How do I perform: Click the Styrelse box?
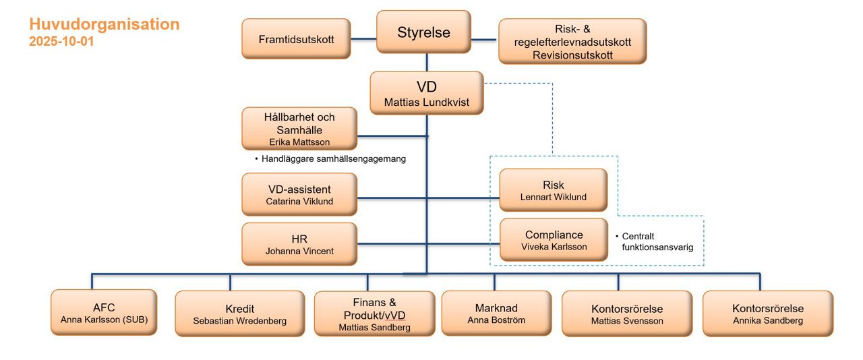coord(423,32)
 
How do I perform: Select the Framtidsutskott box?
coord(296,39)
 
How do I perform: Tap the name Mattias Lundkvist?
coord(426,103)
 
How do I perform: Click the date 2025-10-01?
coord(61,41)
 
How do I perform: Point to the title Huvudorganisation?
coord(104,24)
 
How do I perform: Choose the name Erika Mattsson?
coord(299,142)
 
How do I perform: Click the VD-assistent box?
coord(299,194)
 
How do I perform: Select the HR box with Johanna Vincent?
coord(299,244)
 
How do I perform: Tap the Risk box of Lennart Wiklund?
coord(553,190)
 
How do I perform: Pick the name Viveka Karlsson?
coord(554,247)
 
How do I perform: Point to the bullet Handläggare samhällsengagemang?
coord(333,159)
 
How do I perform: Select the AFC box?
coord(104,312)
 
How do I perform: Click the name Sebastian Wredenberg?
coord(239,321)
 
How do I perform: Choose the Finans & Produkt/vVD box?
coord(374,313)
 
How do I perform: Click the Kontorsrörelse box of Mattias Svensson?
coord(626,313)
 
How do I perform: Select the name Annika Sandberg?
coord(768,320)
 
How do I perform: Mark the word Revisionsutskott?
coord(572,55)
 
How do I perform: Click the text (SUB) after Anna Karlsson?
coord(134,320)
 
